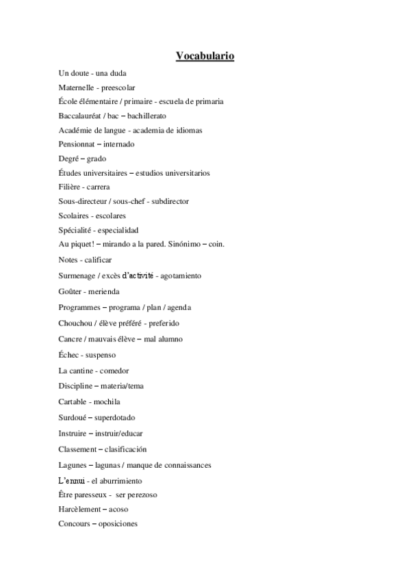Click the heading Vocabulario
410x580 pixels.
point(205,55)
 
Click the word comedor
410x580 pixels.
point(115,371)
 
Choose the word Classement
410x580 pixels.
point(78,449)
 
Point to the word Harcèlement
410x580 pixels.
point(80,509)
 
